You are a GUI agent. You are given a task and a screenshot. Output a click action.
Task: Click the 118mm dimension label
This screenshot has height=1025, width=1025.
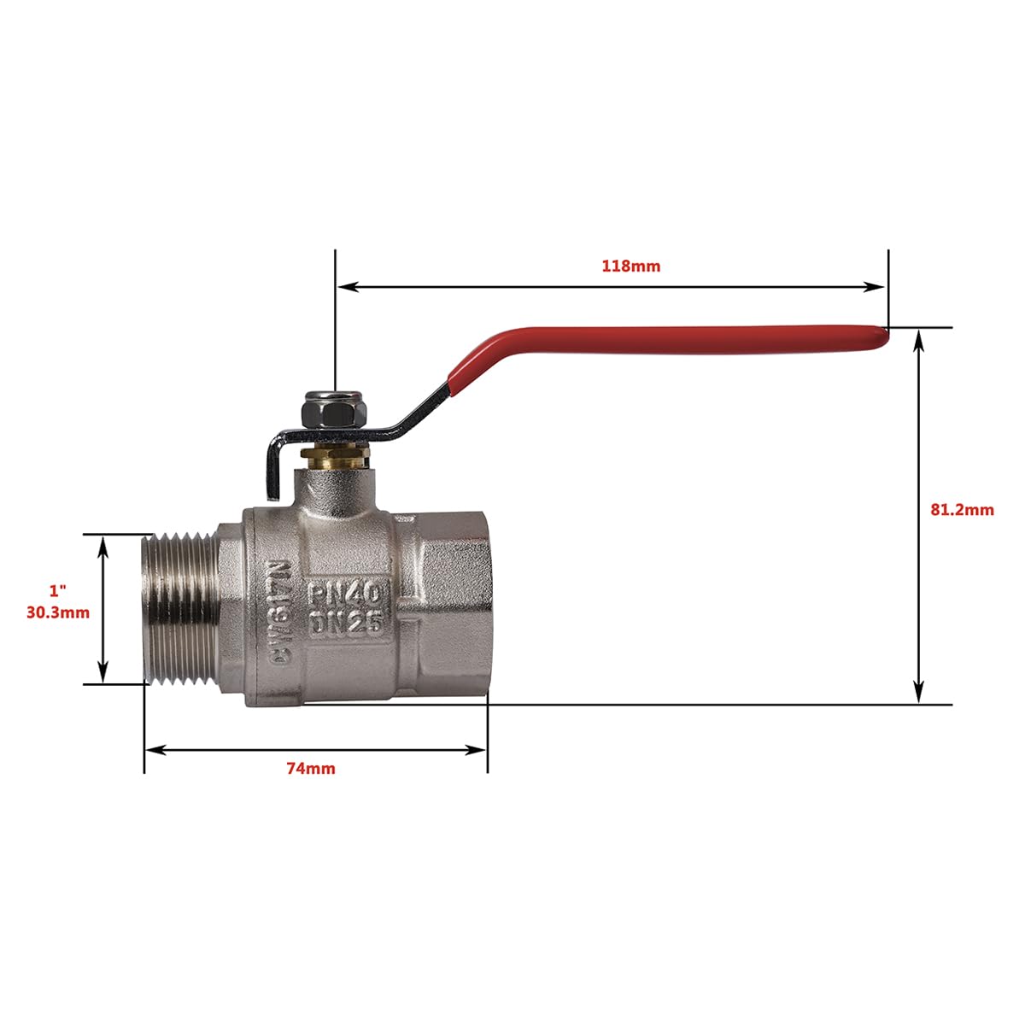click(x=630, y=266)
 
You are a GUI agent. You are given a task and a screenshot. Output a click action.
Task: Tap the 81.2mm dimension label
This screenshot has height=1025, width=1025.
click(x=962, y=510)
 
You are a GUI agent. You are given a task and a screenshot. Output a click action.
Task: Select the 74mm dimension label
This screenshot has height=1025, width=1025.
click(x=311, y=769)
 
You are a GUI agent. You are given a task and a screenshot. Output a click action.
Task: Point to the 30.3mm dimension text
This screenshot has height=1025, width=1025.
click(x=58, y=612)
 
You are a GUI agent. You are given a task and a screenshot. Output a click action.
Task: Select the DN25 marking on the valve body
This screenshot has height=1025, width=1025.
click(x=345, y=624)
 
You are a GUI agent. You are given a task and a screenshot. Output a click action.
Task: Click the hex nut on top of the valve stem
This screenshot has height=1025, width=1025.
click(x=329, y=411)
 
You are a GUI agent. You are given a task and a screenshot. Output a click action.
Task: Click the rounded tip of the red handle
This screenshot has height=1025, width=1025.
click(x=881, y=337)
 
